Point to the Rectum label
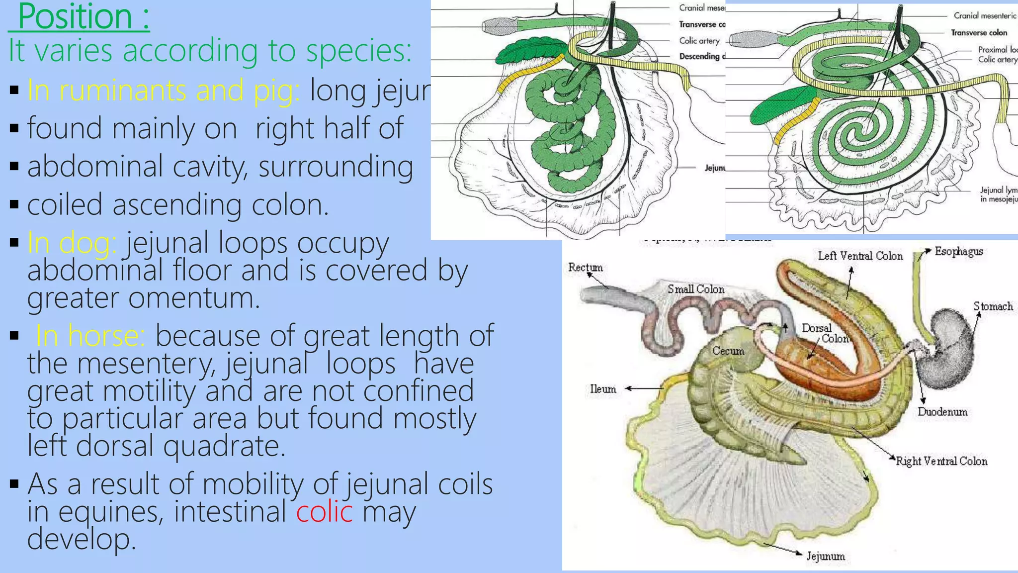(585, 268)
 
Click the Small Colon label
(695, 289)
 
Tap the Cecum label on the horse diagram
(728, 351)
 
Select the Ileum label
(603, 389)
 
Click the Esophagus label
(958, 251)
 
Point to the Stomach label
(993, 306)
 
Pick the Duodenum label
(942, 412)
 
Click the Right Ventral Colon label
(941, 461)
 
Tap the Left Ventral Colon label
(860, 256)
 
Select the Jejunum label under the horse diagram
(826, 556)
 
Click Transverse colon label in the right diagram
(979, 33)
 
